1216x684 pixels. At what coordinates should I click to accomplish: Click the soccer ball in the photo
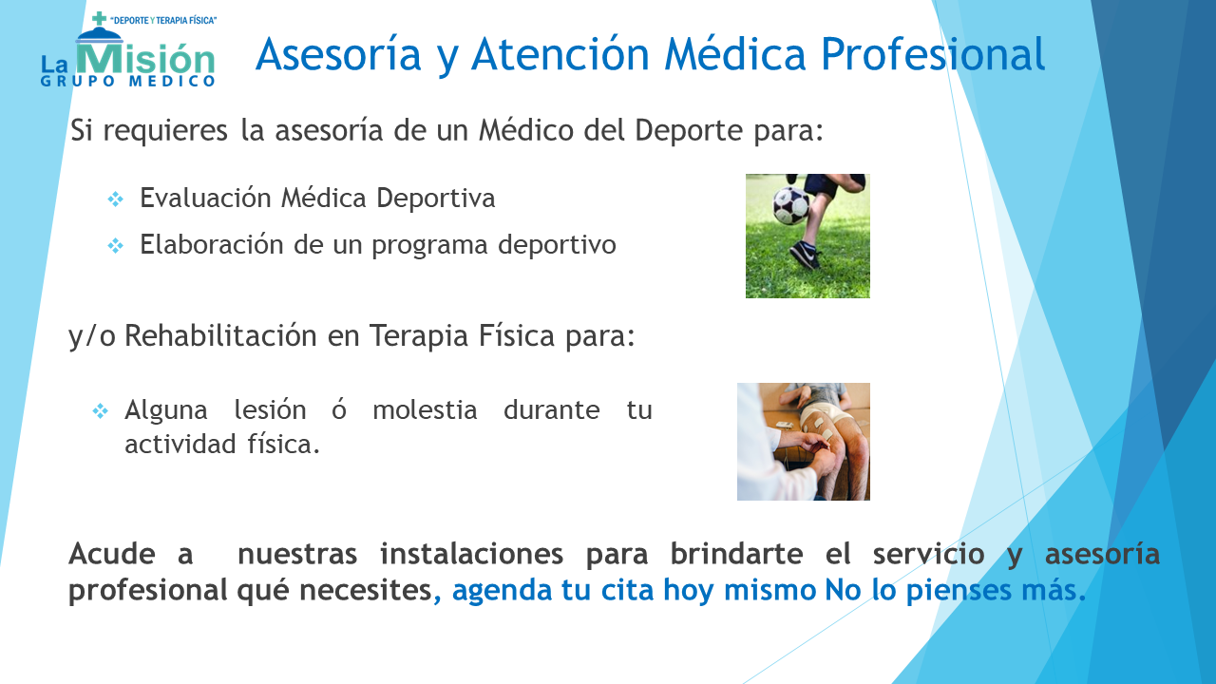point(791,205)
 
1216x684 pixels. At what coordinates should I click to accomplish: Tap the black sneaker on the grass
point(805,255)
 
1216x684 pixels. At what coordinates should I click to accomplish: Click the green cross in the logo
point(99,18)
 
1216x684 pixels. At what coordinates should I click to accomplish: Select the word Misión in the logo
point(145,58)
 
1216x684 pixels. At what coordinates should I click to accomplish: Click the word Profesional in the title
point(933,54)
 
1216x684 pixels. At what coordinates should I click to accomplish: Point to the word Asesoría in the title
point(338,54)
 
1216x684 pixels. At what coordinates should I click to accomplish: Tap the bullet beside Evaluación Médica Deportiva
point(116,199)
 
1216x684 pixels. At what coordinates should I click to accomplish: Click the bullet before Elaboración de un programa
point(116,246)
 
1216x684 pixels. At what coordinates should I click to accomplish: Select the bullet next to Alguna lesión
point(101,411)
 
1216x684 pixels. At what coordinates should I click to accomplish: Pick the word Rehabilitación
point(220,335)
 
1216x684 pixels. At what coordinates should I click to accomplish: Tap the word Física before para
point(516,335)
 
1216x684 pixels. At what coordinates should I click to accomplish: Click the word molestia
point(425,409)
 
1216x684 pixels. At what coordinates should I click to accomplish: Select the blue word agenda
point(501,591)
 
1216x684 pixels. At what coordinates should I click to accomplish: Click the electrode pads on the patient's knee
point(822,427)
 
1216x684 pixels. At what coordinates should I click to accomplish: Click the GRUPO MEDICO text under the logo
point(128,82)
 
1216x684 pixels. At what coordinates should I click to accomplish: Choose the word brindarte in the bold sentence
point(736,554)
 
